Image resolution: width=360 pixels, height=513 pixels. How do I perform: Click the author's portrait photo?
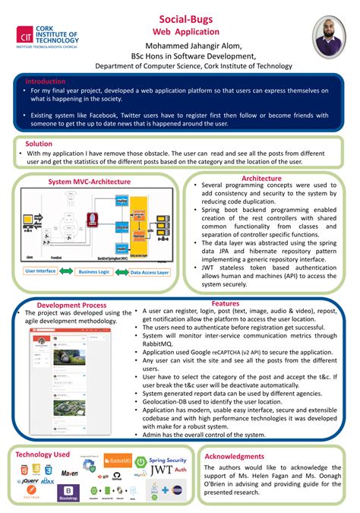(324, 35)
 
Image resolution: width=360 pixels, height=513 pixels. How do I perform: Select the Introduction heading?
(45, 81)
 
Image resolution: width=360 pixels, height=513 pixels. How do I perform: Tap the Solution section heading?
(39, 143)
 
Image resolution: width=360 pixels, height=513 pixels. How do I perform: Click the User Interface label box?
(40, 271)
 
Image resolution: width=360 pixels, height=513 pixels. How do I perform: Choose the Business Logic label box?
(95, 271)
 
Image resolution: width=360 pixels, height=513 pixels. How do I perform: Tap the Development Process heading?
(71, 305)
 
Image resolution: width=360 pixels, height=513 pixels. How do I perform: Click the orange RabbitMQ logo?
(117, 461)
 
